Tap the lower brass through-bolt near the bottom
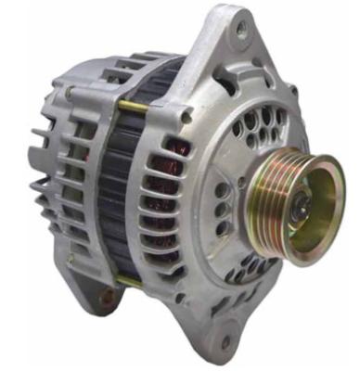point(130,279)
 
